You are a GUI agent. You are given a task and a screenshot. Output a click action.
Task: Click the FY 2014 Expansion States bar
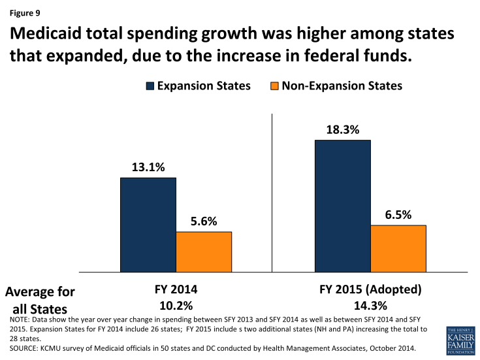pos(148,224)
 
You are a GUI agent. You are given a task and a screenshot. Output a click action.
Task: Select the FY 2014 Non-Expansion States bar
pos(204,252)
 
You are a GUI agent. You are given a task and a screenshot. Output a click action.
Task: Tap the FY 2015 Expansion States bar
pos(343,205)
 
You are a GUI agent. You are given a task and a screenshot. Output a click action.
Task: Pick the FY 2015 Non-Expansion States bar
pos(398,248)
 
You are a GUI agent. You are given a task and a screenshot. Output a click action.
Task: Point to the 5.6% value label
pos(204,221)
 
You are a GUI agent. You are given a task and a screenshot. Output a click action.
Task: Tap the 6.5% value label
pos(398,214)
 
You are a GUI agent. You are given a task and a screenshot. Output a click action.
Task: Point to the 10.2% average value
pos(176,306)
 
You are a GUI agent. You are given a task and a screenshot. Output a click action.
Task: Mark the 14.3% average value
pos(370,306)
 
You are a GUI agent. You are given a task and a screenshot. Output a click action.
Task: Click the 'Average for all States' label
pos(40,299)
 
